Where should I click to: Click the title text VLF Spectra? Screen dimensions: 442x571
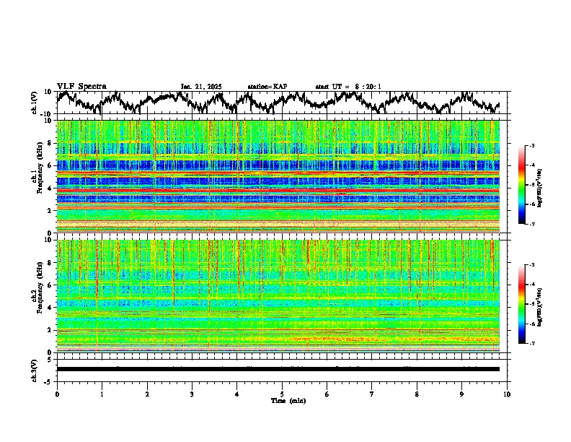click(81, 86)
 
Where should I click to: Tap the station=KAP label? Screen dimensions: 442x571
click(267, 87)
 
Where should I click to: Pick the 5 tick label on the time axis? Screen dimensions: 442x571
click(282, 394)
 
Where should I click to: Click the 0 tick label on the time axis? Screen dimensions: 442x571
click(57, 394)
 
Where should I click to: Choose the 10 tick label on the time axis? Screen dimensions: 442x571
click(507, 394)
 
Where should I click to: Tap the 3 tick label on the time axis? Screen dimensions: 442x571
click(192, 394)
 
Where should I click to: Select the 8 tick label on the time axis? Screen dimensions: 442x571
click(417, 394)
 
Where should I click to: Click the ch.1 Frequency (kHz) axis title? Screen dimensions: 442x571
click(38, 173)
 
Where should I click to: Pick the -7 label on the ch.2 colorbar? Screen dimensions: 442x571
click(531, 344)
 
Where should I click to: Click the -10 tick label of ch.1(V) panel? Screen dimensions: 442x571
click(46, 114)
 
